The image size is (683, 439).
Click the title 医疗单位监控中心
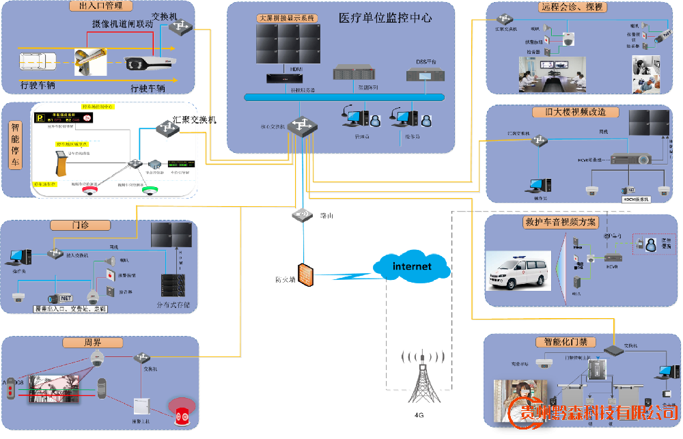pyautogui.click(x=385, y=18)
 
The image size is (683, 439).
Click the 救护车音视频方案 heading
pyautogui.click(x=560, y=222)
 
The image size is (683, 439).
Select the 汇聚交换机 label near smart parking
pyautogui.click(x=195, y=119)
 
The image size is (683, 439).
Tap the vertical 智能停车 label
pyautogui.click(x=14, y=145)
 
